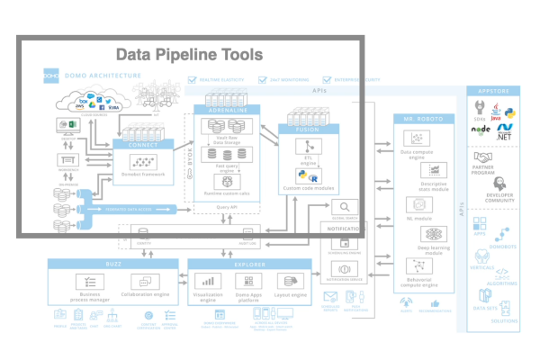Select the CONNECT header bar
click(145, 143)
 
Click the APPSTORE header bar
click(499, 91)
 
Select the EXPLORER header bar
click(250, 263)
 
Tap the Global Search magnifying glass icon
click(345, 207)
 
